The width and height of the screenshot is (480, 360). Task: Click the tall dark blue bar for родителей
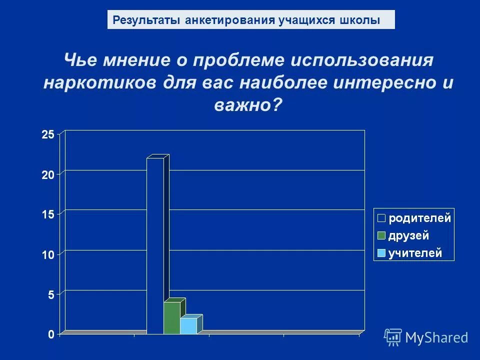[x=155, y=245]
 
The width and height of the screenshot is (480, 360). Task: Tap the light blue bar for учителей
[x=188, y=325]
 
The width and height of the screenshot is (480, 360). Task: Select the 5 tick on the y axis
[x=51, y=294]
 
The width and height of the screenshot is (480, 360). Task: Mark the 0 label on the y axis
[x=51, y=334]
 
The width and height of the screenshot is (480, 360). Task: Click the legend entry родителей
[x=420, y=218]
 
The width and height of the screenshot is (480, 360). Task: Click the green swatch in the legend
[x=381, y=236]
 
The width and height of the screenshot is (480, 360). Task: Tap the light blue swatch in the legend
[x=381, y=253]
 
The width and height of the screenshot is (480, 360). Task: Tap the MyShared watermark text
[x=436, y=337]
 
